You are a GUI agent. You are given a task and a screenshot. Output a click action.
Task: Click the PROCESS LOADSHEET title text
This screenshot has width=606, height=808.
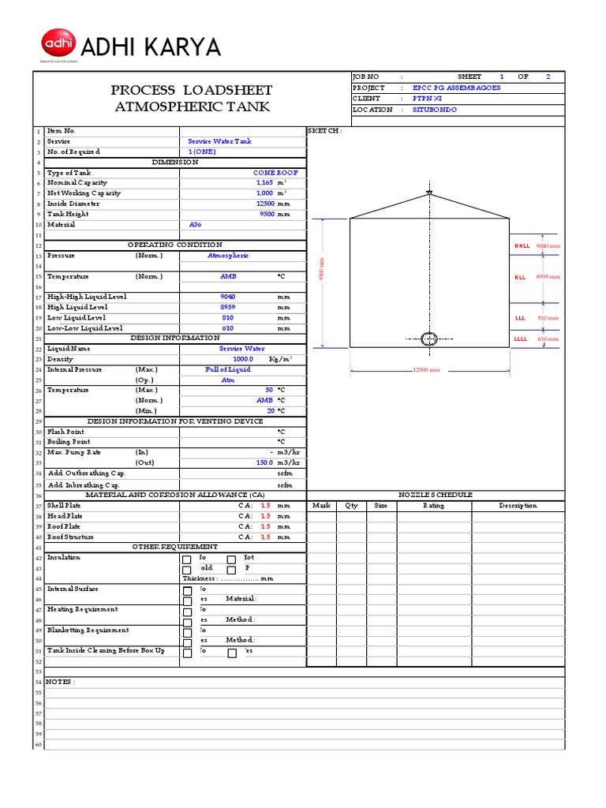(193, 90)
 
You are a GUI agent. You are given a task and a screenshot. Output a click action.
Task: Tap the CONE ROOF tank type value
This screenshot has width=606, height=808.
(275, 172)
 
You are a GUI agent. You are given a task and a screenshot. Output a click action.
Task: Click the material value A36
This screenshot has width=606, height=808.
(196, 224)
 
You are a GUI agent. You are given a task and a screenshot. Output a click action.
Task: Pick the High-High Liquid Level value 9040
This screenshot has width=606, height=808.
(227, 297)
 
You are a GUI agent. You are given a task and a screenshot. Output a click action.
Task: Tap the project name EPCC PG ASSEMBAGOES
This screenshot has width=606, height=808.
(456, 88)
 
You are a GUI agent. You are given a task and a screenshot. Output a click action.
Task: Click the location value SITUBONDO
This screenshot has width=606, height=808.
(434, 110)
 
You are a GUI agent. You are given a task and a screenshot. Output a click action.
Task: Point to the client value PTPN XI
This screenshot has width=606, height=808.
(428, 99)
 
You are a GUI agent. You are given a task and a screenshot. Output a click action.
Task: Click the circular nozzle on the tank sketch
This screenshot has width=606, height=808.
(428, 339)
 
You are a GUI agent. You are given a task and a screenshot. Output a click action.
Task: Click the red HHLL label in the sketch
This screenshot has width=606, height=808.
(522, 245)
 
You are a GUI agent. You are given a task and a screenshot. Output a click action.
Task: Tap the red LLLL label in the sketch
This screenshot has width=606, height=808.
(521, 339)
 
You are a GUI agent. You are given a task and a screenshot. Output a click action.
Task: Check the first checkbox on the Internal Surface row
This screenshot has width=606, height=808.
(187, 592)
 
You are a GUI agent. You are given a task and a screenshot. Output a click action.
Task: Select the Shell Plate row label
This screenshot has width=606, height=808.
(64, 505)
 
